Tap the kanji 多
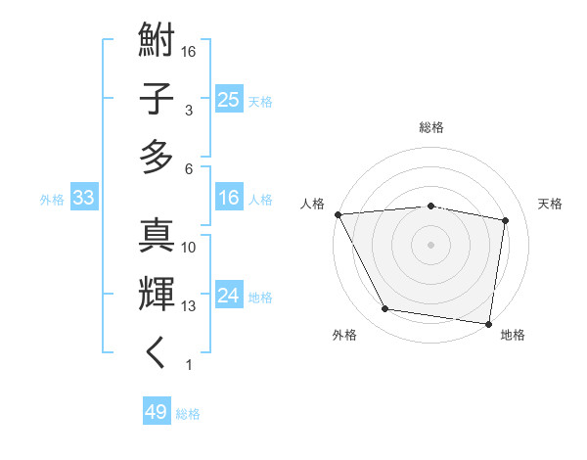coord(158,156)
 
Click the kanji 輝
coord(158,294)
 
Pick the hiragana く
coord(158,352)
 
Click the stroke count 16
coord(190,51)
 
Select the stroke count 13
coord(190,306)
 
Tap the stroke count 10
coord(190,248)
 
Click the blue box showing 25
coord(228,99)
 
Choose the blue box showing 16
coord(228,199)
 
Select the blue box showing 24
coord(228,297)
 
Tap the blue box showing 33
coord(83,199)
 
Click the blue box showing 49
coord(157,412)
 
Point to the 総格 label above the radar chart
coord(431,127)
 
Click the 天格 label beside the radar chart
coord(551,204)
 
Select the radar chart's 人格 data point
coord(339,214)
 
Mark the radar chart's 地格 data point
coord(488,323)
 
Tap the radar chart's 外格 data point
coord(385,309)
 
